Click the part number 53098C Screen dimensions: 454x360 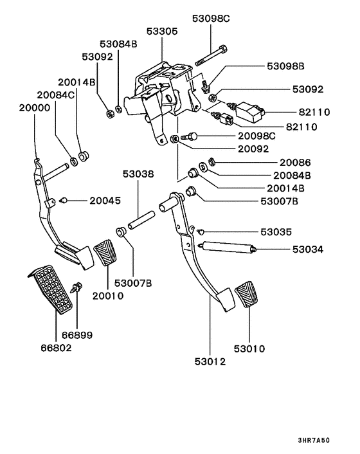[x=210, y=19]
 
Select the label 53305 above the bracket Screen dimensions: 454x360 [x=161, y=31]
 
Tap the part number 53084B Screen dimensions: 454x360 [x=118, y=44]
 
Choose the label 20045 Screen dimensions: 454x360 [x=105, y=201]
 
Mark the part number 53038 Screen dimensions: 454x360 [x=139, y=174]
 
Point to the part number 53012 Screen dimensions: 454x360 [x=210, y=362]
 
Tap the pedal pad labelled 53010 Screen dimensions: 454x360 [x=248, y=296]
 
